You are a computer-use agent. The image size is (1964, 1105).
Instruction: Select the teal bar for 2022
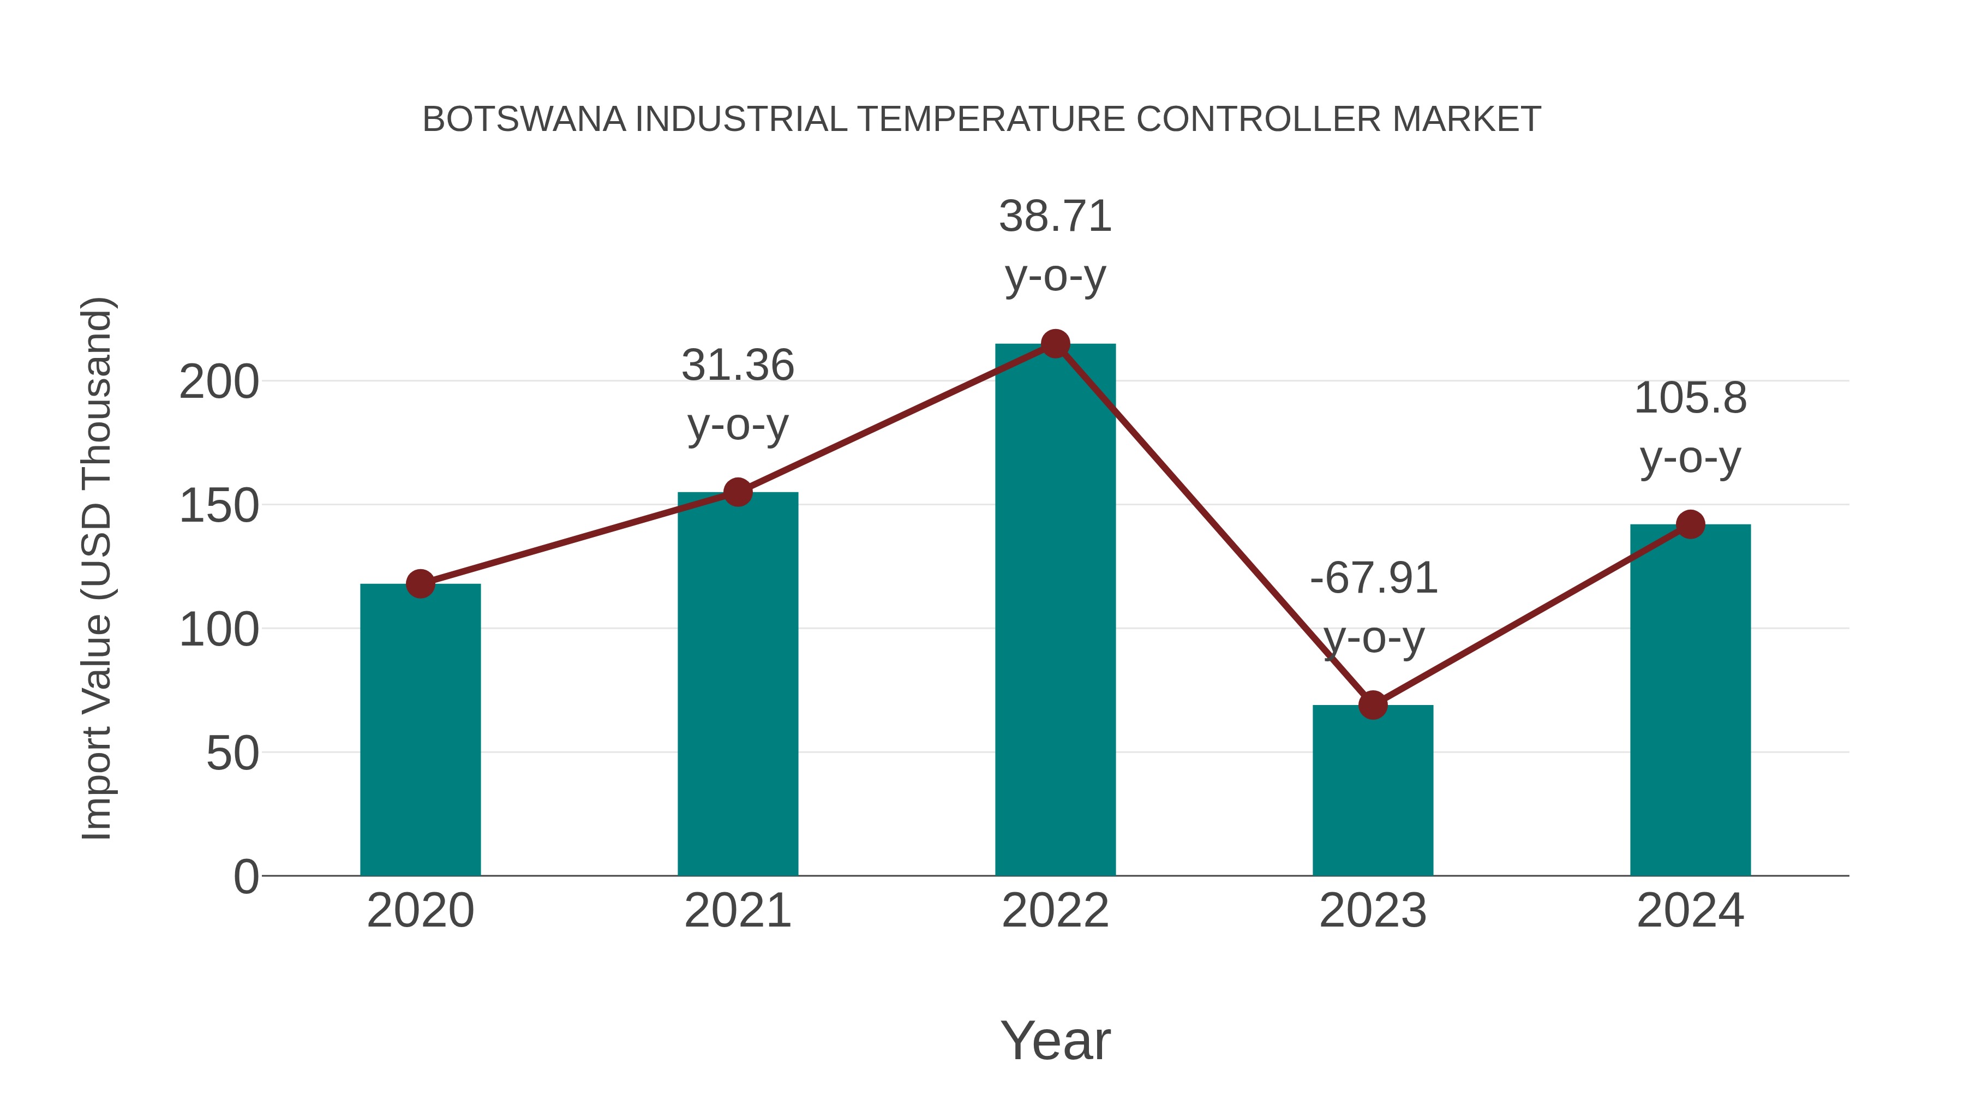tap(1055, 610)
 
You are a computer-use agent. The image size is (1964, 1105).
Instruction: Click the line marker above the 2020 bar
tap(420, 584)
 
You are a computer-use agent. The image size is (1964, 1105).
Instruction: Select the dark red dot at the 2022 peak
tap(1055, 344)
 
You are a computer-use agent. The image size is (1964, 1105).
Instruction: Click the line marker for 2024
tap(1690, 524)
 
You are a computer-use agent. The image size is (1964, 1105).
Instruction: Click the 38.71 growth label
tap(1055, 217)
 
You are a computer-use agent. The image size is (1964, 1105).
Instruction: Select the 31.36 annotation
tap(737, 365)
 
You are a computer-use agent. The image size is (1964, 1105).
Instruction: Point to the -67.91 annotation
tap(1373, 578)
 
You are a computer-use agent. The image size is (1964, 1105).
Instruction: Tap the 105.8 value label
tap(1690, 399)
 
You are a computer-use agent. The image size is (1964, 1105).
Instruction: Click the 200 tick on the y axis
tap(219, 382)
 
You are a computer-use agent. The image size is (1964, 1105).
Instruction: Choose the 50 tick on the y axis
tap(232, 754)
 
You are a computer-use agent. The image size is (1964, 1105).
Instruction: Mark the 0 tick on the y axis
tap(246, 877)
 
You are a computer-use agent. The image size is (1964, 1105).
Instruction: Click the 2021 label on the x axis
tap(737, 911)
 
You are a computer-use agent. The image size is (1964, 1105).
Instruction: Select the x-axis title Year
tap(1055, 1040)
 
